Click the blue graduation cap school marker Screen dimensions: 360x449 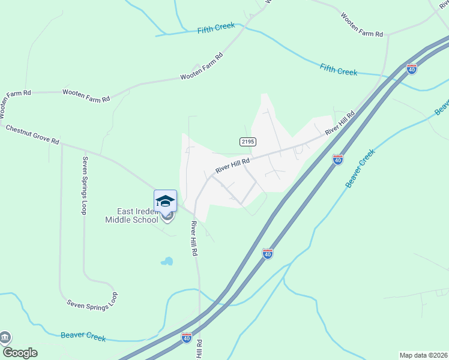coord(165,201)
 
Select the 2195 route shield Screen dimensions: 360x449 coord(248,142)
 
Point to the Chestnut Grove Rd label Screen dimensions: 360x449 coord(32,134)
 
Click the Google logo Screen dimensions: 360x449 coord(19,352)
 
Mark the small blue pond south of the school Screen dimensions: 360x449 coord(166,262)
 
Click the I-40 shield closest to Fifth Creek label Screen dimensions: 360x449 coord(412,69)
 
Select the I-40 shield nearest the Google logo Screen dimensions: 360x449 coord(187,338)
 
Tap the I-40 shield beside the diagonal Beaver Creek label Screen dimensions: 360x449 coord(338,160)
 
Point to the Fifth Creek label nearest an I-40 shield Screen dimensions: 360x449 coord(339,70)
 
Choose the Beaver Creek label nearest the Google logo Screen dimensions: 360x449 coord(83,337)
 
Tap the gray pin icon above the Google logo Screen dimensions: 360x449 coord(5,338)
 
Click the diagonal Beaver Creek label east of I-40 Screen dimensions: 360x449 coord(360,169)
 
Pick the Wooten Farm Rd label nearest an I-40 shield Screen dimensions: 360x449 coord(362,26)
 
